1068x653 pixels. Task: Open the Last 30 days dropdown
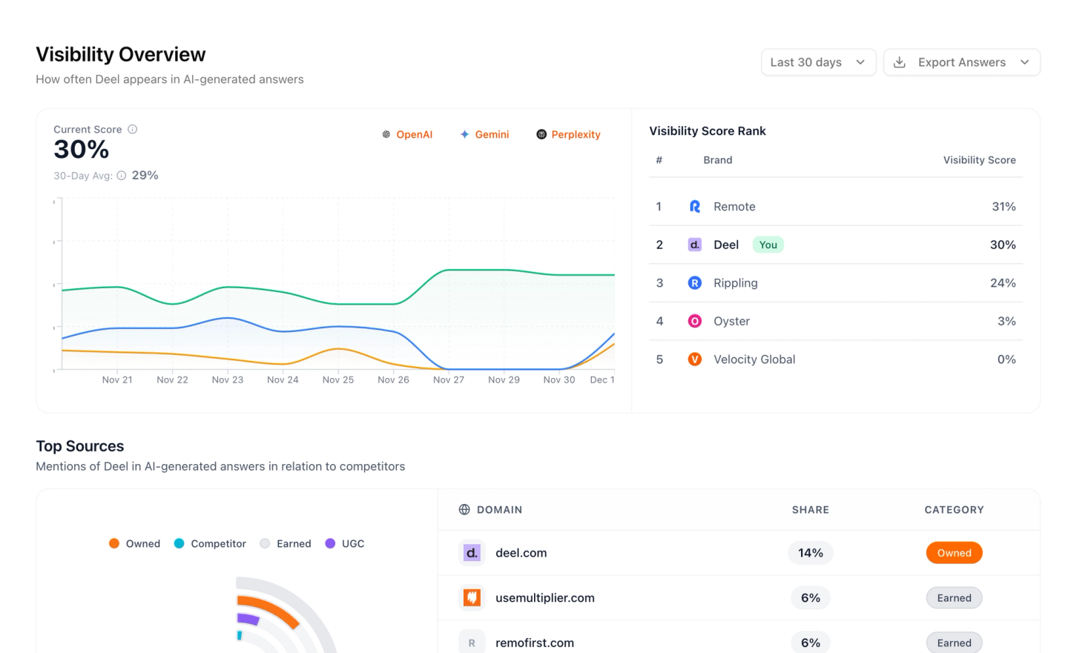(x=818, y=62)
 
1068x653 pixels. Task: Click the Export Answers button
(x=962, y=62)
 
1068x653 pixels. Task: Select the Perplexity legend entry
(x=568, y=134)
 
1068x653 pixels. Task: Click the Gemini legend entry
(x=484, y=134)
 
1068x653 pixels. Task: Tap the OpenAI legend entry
(x=407, y=134)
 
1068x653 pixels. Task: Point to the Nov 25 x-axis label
(x=338, y=380)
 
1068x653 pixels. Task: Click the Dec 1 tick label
(x=602, y=380)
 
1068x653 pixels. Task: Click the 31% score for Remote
(x=1003, y=206)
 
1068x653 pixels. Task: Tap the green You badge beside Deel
(x=768, y=245)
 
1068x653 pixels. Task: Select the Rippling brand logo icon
(x=695, y=282)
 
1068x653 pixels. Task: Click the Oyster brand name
(x=731, y=321)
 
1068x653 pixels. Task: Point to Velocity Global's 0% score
(x=1006, y=359)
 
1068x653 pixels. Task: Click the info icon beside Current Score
(x=133, y=129)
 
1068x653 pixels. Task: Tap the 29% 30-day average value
(x=145, y=176)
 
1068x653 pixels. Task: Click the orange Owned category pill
(x=954, y=553)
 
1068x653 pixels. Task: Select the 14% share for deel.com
(x=811, y=553)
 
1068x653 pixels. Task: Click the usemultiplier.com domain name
(x=545, y=597)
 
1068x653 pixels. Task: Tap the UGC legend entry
(x=345, y=543)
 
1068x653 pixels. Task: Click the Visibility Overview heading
(x=121, y=54)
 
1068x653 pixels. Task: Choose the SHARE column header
(x=811, y=509)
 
